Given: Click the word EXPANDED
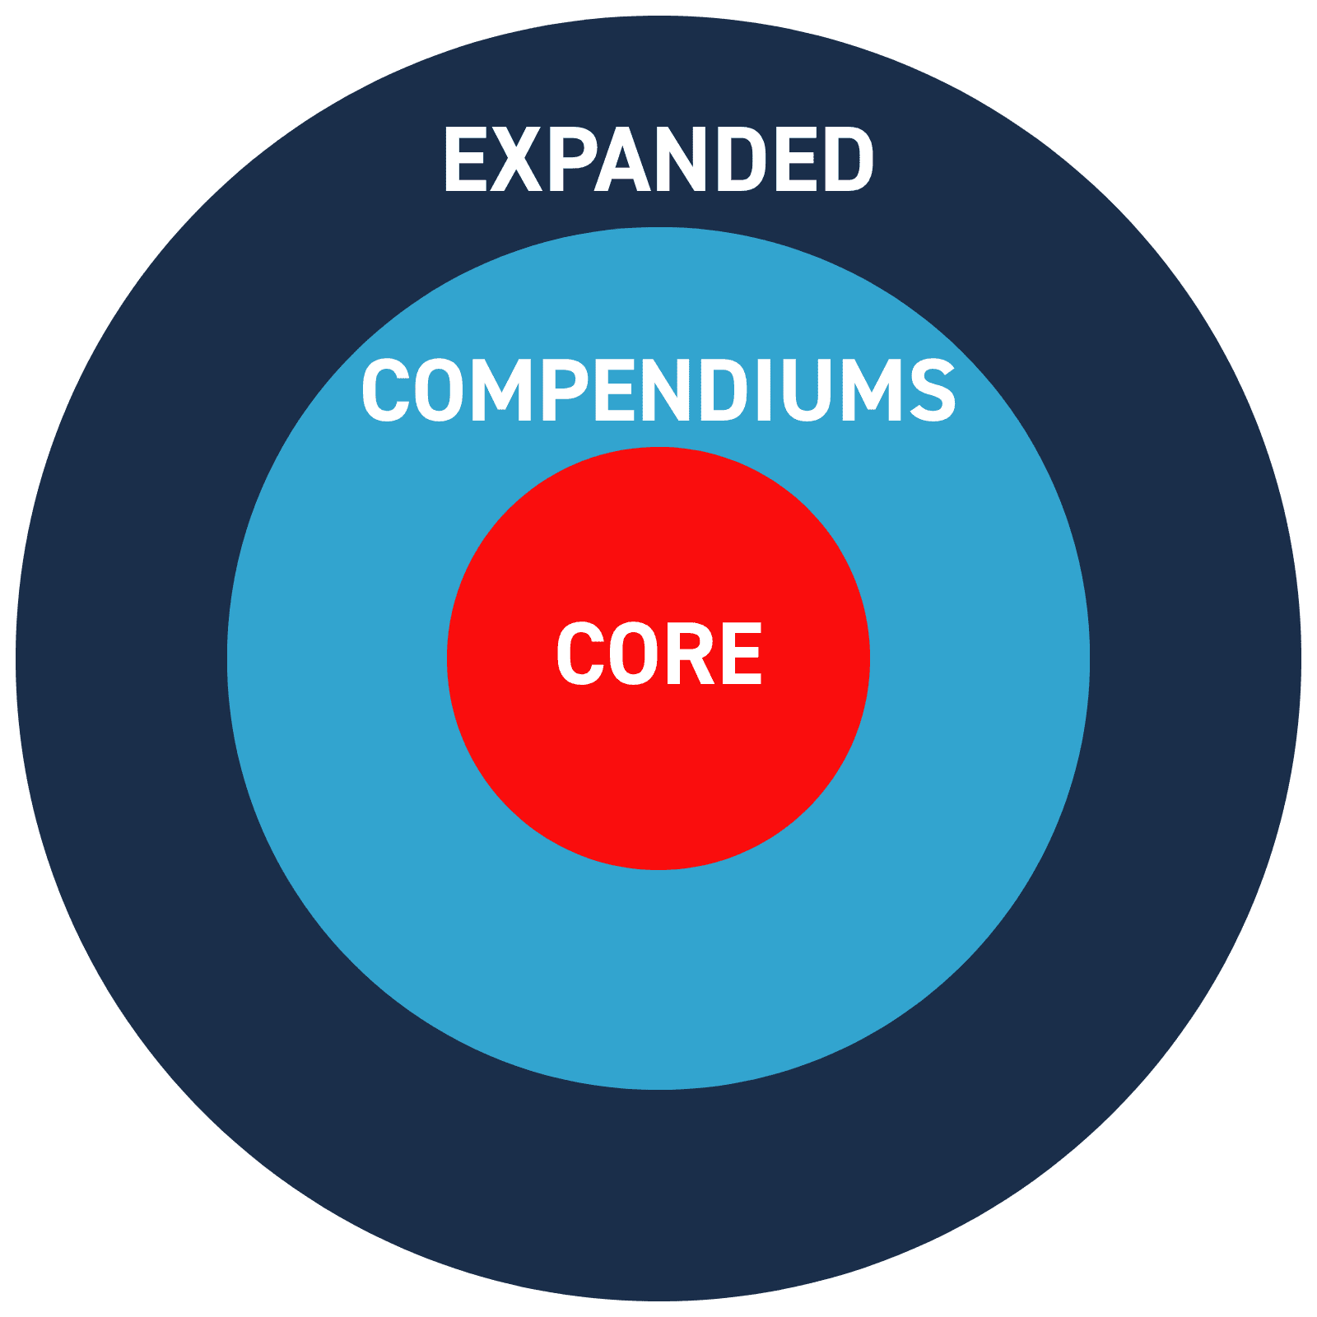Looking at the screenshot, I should tap(658, 160).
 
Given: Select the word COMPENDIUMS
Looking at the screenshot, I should tap(658, 390).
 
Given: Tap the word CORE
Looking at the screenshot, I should tap(658, 654).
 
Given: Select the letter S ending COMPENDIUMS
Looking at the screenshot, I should tap(931, 390).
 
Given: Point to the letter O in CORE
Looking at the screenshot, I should tap(634, 654).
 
